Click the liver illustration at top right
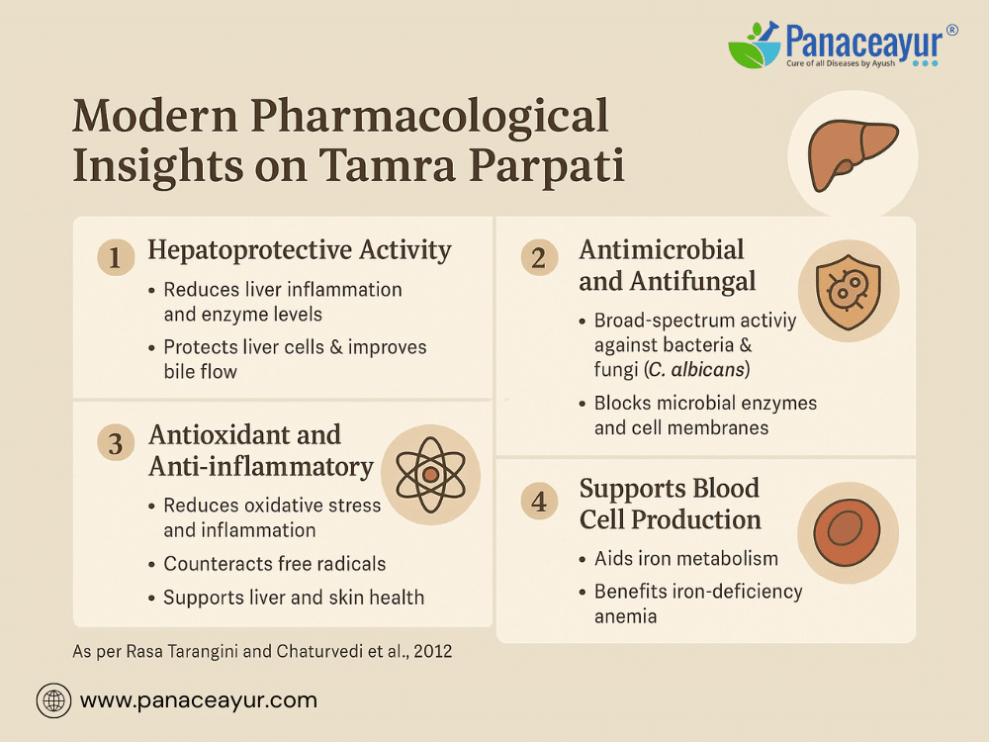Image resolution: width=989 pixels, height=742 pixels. click(x=853, y=155)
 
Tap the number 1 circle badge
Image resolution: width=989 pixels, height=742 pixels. click(x=116, y=257)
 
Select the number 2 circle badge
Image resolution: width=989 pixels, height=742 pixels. click(x=539, y=257)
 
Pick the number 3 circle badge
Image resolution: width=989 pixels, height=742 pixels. click(x=116, y=443)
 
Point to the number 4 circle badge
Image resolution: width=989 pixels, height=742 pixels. click(x=539, y=502)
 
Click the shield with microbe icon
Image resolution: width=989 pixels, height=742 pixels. click(x=848, y=292)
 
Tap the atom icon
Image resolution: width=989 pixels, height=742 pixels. click(x=430, y=475)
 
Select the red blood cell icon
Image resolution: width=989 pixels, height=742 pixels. click(x=848, y=532)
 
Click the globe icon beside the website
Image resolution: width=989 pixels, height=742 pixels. click(x=53, y=701)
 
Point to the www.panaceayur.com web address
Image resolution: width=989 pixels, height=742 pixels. click(x=199, y=700)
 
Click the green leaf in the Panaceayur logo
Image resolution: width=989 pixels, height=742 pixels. click(x=747, y=53)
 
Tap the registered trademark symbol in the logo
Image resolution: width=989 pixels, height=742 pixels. click(x=951, y=30)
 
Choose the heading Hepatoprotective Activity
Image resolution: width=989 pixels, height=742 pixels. click(x=300, y=250)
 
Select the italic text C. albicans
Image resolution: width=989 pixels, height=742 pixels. click(x=696, y=369)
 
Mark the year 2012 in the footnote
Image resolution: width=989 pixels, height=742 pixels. click(x=433, y=651)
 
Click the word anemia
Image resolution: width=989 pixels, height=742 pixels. click(x=625, y=616)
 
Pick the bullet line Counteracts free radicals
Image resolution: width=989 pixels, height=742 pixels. click(x=274, y=564)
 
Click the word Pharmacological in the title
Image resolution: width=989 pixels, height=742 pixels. click(x=429, y=116)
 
